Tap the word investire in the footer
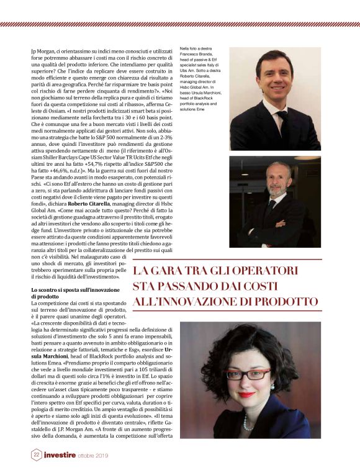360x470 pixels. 60,455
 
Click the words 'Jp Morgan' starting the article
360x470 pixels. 44,49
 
